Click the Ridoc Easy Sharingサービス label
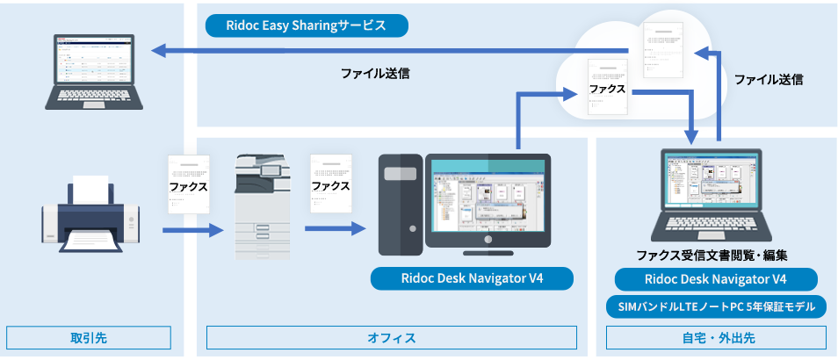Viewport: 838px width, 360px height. [x=307, y=25]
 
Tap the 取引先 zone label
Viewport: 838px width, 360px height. [x=88, y=338]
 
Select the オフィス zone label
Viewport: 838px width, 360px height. [x=391, y=338]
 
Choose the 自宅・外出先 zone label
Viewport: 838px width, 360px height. [x=716, y=338]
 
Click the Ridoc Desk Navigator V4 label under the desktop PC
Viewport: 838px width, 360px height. [x=472, y=279]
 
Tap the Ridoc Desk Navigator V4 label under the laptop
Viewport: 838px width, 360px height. [x=715, y=280]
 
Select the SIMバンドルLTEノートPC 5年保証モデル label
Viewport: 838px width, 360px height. [x=715, y=307]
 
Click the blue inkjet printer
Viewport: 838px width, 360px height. [x=90, y=213]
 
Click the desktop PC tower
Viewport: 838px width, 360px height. [x=401, y=204]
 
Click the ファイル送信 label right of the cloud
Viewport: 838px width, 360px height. [x=769, y=79]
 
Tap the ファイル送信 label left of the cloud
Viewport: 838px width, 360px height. [x=375, y=74]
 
